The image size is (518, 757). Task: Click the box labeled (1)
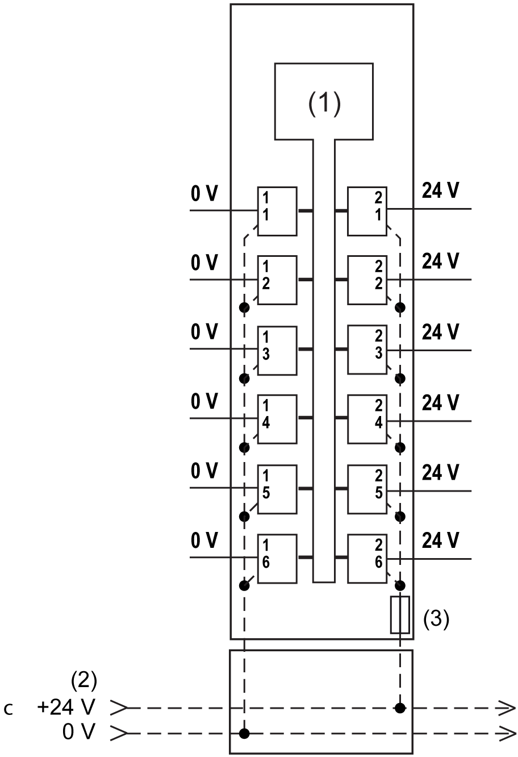coord(324,101)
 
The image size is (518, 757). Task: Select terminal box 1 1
coord(277,211)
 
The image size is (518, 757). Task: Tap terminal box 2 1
coord(367,211)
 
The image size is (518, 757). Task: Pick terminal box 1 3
coord(277,350)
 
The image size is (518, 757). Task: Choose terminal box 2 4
coord(367,419)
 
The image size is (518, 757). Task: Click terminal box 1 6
coord(277,558)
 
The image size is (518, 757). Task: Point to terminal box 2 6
coord(367,558)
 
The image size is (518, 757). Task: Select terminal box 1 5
coord(277,489)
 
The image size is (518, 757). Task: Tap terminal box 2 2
coord(367,280)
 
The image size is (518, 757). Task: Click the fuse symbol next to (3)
coord(400,614)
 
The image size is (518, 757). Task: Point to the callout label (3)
coord(436,619)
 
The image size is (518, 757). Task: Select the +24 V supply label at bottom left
coord(66,708)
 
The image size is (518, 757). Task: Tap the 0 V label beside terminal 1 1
coord(204,194)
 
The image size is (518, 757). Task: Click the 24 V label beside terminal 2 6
coord(440,540)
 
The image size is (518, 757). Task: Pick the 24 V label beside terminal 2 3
coord(440,332)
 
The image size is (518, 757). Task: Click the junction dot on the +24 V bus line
coord(400,708)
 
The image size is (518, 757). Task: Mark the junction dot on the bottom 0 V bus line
coord(244,734)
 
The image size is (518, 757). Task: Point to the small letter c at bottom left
coord(7,710)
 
